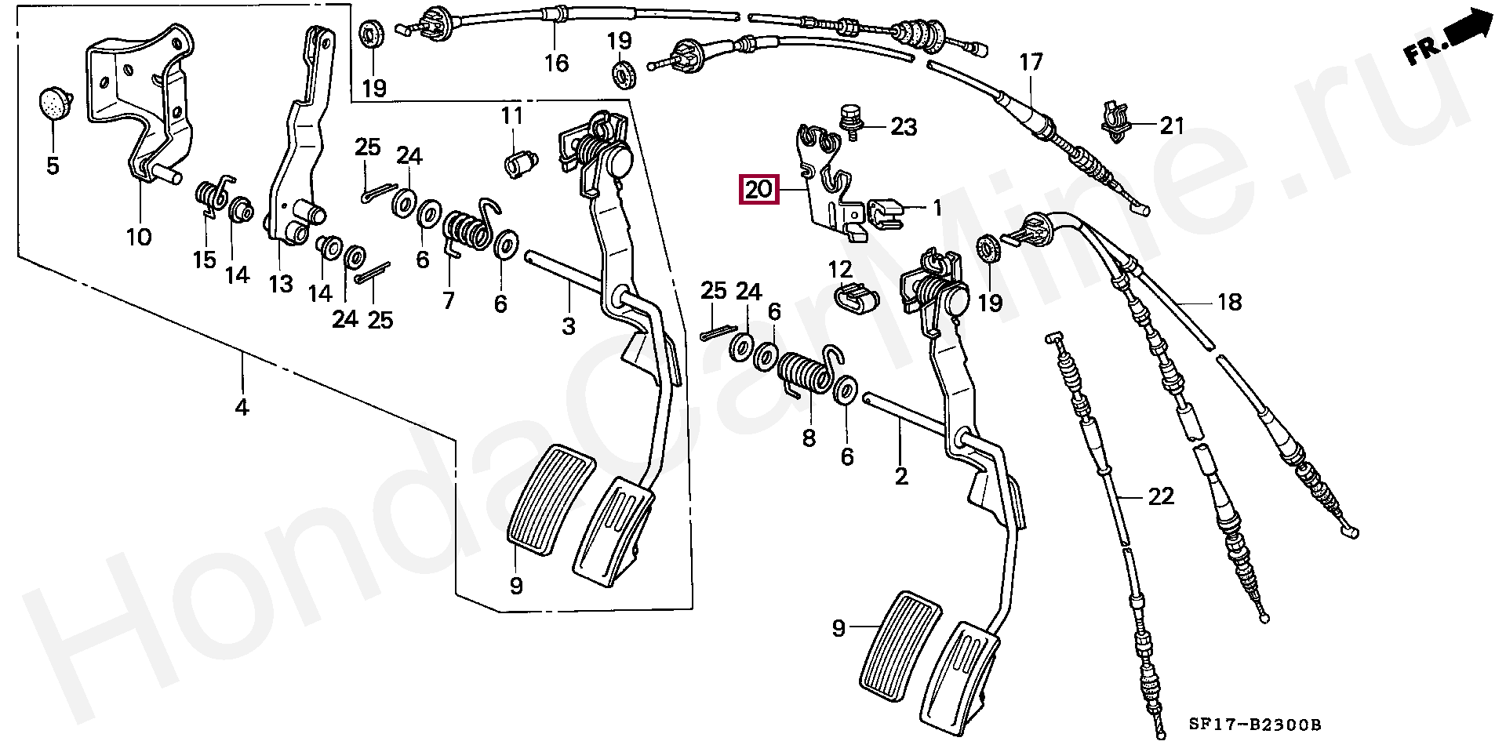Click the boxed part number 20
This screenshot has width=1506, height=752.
[758, 190]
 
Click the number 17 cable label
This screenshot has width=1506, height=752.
[1031, 61]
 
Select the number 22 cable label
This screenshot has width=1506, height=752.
[1161, 496]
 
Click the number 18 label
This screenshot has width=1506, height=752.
[1229, 301]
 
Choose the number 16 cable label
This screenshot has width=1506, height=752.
[556, 62]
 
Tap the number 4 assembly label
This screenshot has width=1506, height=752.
[242, 407]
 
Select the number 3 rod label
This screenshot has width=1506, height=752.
[568, 325]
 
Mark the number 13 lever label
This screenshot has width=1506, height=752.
[281, 283]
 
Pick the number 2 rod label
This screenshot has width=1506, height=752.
[901, 475]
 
